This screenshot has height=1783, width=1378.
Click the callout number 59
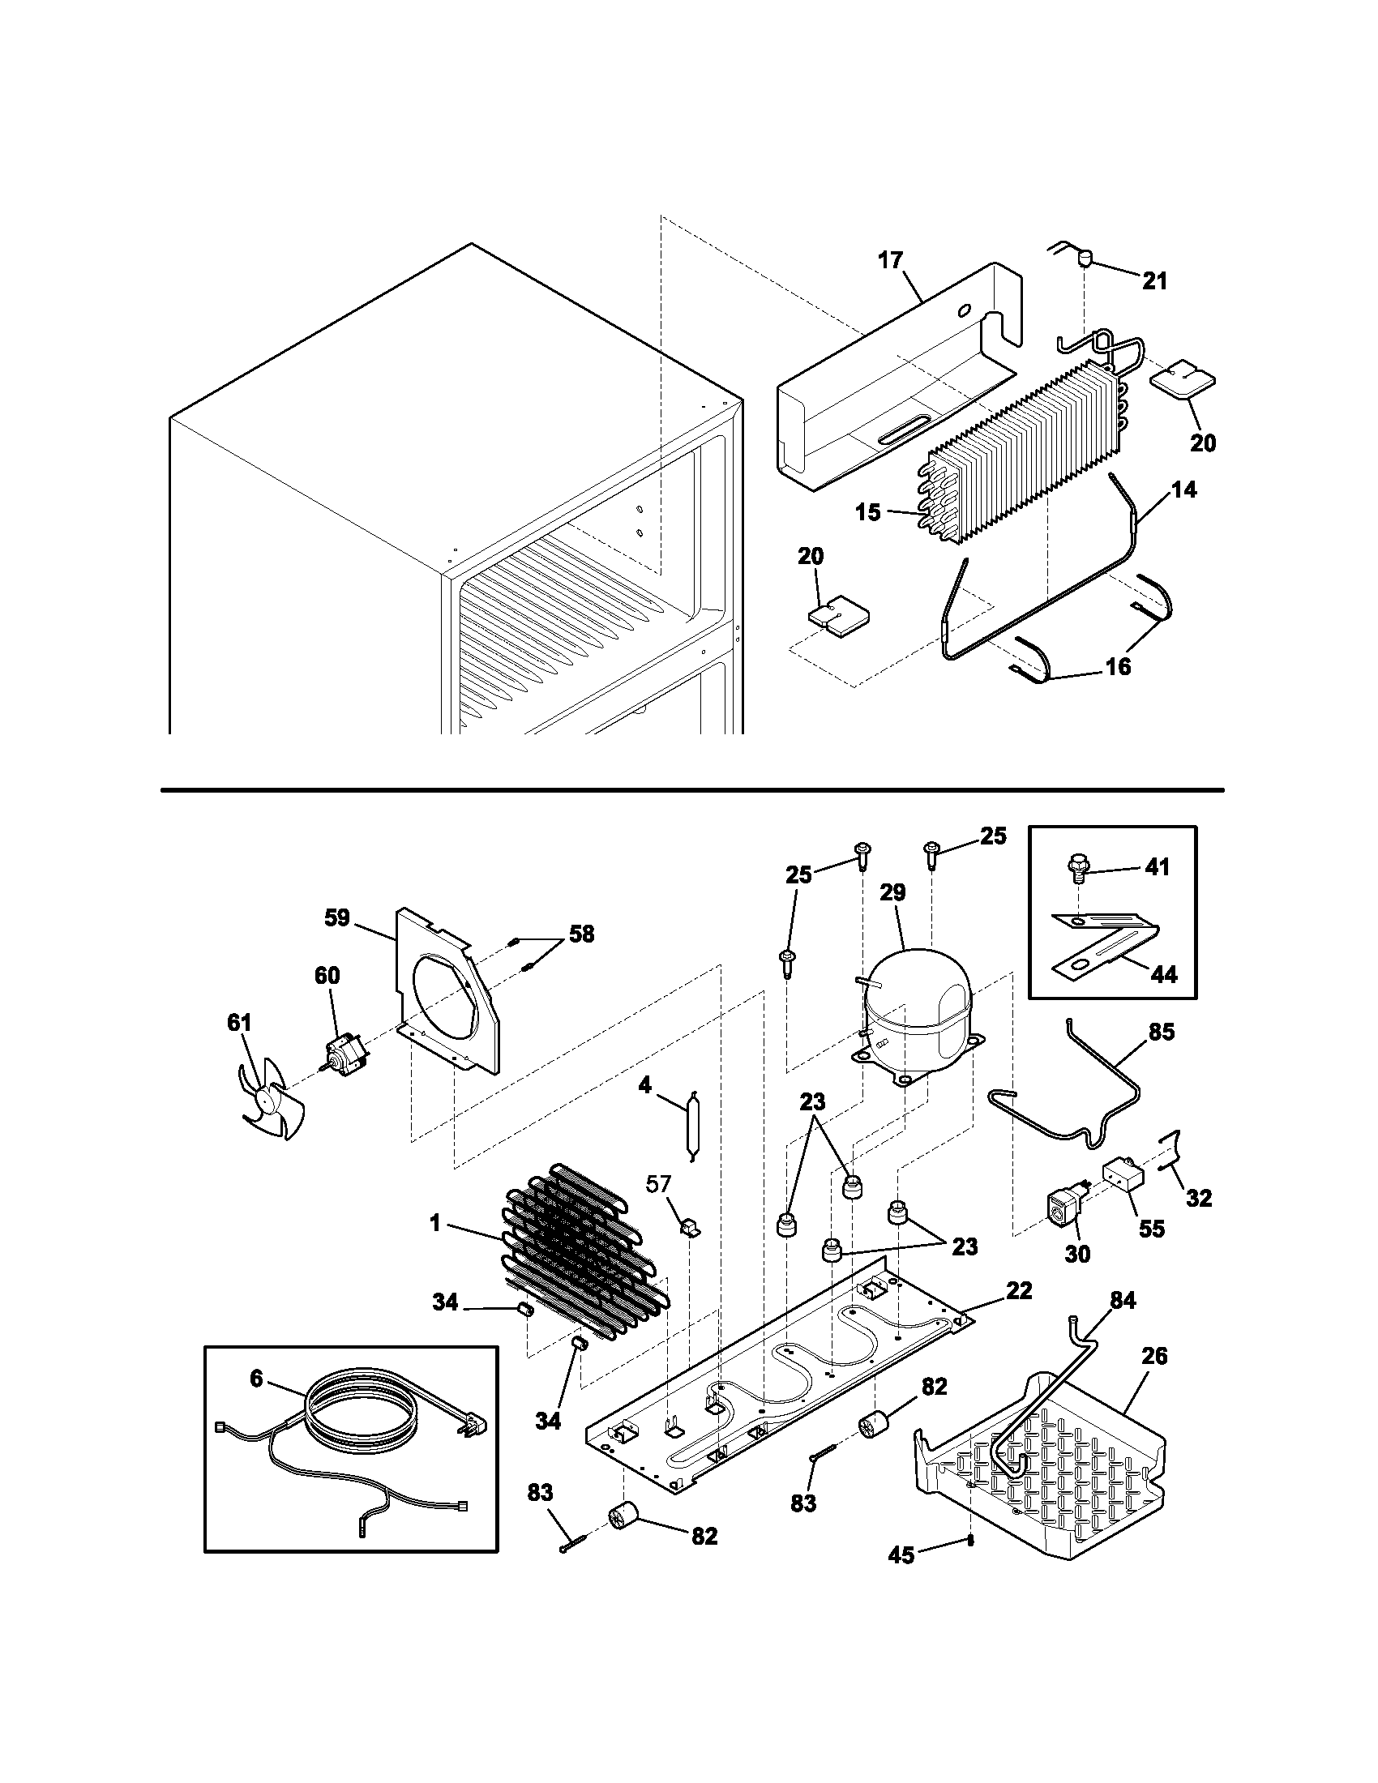click(x=336, y=917)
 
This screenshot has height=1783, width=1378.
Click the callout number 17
click(x=891, y=260)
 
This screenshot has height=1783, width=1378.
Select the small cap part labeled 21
click(x=1086, y=260)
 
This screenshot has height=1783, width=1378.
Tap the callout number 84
click(x=1123, y=1301)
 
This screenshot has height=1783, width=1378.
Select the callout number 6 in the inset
click(x=256, y=1378)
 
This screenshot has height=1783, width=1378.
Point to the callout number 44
click(x=1163, y=974)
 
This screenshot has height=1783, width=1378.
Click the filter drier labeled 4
click(x=692, y=1126)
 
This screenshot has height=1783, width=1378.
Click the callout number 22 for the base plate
click(x=1019, y=1290)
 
